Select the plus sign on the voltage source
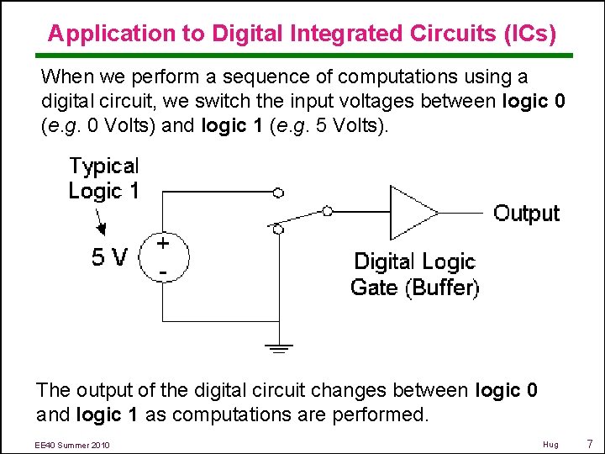click(x=163, y=241)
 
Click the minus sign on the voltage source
click(x=162, y=272)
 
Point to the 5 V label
click(x=109, y=257)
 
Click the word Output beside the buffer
click(x=526, y=213)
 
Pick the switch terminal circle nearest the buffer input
click(x=328, y=211)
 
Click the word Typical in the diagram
click(x=104, y=166)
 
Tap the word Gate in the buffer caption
click(x=374, y=288)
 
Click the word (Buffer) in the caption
click(x=442, y=288)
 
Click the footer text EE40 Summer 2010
click(x=73, y=444)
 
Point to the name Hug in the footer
click(x=550, y=444)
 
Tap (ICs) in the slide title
click(x=529, y=34)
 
